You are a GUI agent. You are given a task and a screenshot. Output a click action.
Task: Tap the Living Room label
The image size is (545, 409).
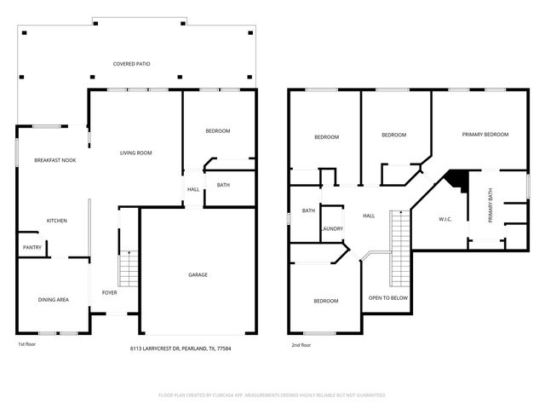tap(135, 153)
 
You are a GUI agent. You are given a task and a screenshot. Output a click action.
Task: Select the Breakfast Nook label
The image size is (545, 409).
tap(54, 159)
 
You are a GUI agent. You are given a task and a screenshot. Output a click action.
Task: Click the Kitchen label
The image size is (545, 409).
tap(56, 221)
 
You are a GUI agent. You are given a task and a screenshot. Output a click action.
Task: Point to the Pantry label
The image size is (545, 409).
tap(32, 248)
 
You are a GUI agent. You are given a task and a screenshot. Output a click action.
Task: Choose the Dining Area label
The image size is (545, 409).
tap(54, 299)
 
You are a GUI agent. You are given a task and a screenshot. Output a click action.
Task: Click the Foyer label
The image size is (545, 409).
tap(110, 292)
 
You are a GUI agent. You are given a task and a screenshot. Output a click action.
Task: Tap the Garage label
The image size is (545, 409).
tap(198, 274)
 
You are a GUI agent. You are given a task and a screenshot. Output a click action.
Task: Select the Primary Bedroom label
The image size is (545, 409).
tap(485, 135)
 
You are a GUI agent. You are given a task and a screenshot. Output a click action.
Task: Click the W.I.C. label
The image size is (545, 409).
tap(445, 219)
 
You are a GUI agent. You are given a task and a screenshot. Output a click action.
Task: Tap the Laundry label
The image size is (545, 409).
tap(331, 228)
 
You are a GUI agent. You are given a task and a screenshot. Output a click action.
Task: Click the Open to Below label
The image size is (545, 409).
tap(387, 298)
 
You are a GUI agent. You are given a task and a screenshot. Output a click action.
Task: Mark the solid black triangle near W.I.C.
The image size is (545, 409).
tap(456, 180)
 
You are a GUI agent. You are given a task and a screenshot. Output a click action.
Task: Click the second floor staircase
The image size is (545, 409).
tap(399, 250)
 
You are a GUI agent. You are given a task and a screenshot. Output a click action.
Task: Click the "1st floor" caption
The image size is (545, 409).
tap(27, 344)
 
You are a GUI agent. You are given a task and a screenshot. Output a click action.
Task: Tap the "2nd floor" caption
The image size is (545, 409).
tap(302, 344)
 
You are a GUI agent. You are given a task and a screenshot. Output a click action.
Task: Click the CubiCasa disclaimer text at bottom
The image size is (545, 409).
tap(272, 395)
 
